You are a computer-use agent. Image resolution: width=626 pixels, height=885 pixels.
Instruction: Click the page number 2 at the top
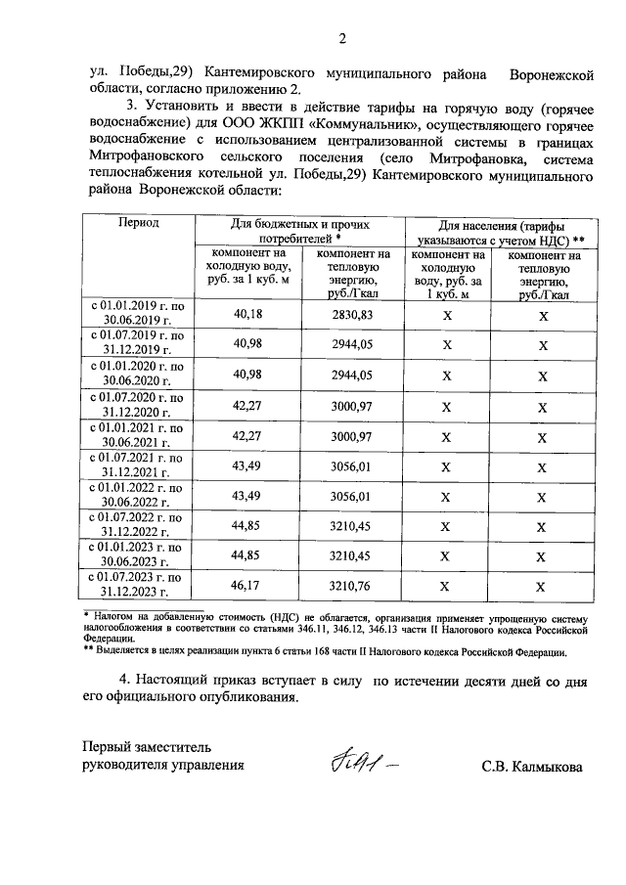tap(341, 39)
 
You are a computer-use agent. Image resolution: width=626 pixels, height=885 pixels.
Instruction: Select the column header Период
tap(139, 223)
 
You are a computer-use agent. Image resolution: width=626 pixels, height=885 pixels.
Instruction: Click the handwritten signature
tap(362, 760)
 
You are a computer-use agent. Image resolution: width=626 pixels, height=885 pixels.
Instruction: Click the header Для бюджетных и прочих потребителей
tap(299, 231)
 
